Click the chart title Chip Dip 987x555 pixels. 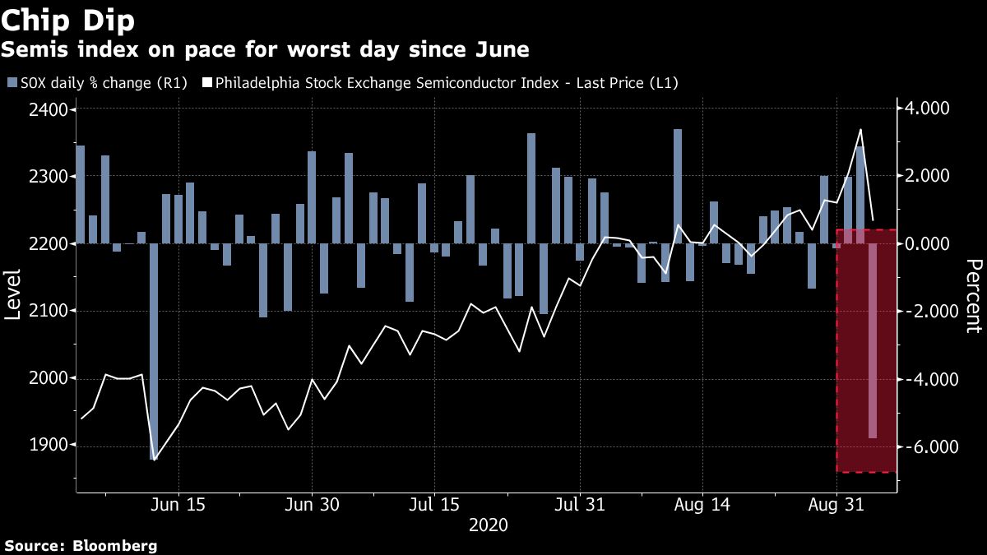click(67, 20)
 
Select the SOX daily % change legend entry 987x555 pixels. click(97, 82)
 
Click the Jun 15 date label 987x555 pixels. click(178, 504)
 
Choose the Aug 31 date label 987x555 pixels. click(836, 504)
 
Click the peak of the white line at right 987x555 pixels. click(860, 130)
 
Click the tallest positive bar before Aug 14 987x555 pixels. click(678, 186)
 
